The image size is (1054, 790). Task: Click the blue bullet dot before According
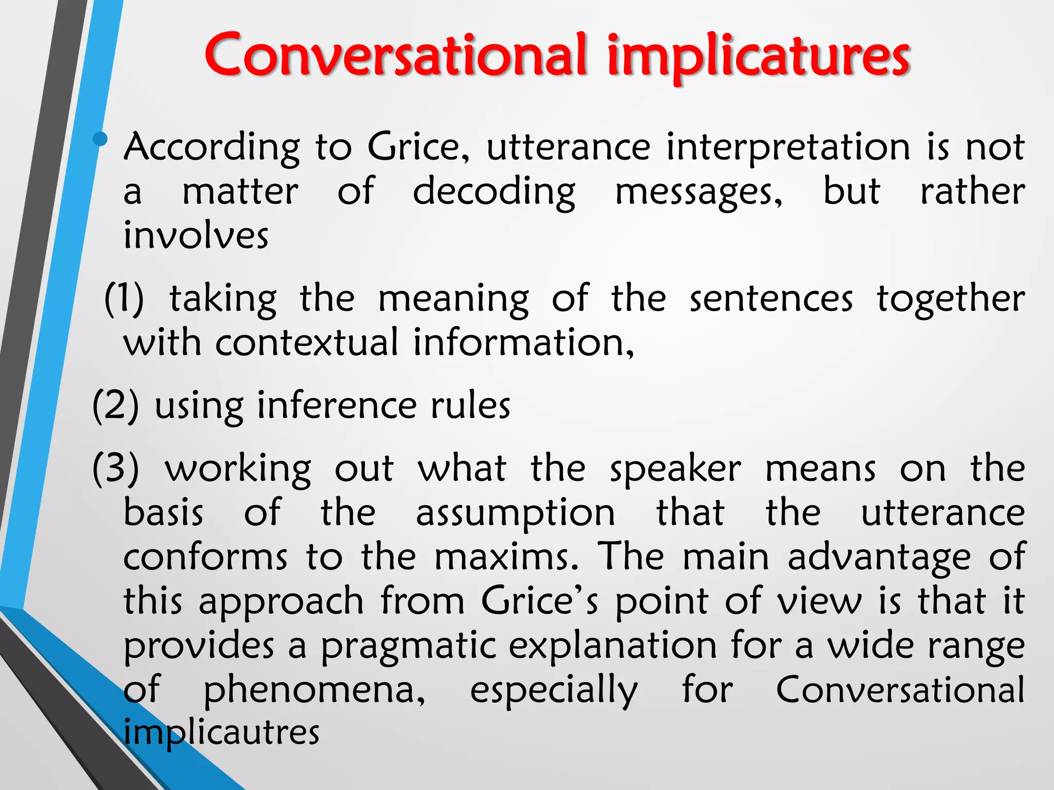(x=100, y=138)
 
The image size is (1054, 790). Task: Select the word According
(x=212, y=148)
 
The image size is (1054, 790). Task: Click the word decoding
(x=494, y=192)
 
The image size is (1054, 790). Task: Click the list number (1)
(x=124, y=299)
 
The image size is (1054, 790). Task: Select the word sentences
(x=770, y=299)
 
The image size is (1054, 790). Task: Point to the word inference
(x=337, y=406)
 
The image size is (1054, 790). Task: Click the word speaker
(x=675, y=470)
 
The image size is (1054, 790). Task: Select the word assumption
(x=515, y=513)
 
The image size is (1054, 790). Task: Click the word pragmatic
(x=409, y=646)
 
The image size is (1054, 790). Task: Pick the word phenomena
(x=314, y=690)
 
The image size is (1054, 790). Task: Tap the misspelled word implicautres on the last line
(x=221, y=733)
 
